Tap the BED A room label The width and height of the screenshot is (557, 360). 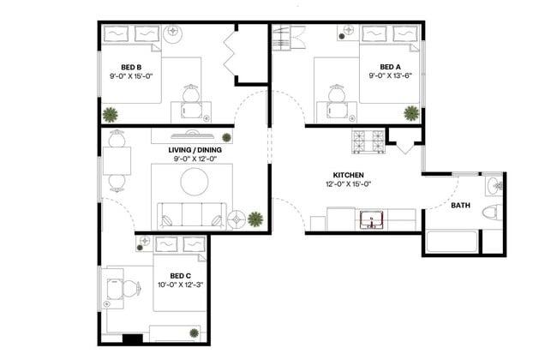point(391,66)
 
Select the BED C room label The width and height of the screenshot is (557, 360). point(179,275)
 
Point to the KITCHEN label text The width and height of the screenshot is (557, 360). point(350,175)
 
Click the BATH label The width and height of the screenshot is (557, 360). point(461,206)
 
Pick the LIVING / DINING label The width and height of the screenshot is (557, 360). point(192,149)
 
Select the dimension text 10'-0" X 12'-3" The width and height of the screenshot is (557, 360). point(179,285)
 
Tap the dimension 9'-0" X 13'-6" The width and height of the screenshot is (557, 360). point(391,75)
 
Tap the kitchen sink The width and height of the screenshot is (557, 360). point(371,220)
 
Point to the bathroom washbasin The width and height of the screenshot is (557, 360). point(493,187)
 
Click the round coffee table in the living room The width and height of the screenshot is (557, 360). point(195,181)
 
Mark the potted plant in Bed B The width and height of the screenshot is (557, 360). point(110,114)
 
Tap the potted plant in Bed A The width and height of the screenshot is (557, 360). point(411,113)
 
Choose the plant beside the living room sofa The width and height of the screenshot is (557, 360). point(255,219)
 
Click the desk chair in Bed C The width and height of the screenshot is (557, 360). point(129,289)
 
